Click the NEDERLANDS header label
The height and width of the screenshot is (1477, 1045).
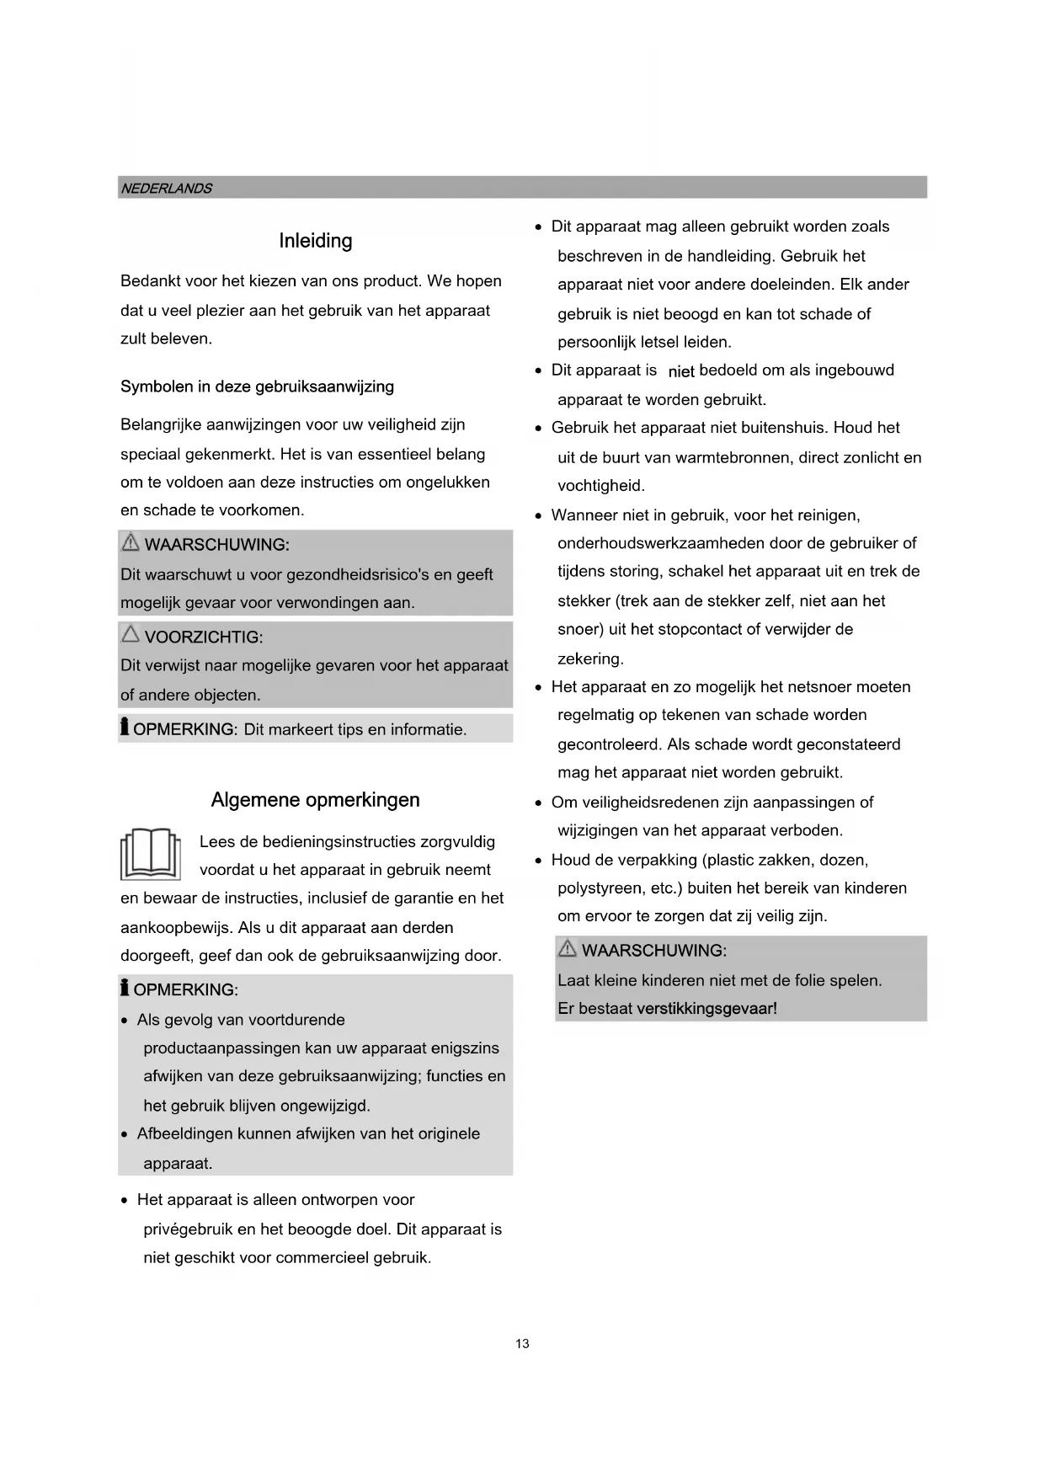(166, 189)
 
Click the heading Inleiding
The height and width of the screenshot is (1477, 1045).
(316, 241)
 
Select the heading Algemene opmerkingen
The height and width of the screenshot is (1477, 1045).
(315, 800)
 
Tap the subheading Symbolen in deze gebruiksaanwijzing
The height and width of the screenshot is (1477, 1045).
(257, 387)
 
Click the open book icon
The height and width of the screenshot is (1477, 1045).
(151, 854)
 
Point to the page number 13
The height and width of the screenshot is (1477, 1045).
(522, 1344)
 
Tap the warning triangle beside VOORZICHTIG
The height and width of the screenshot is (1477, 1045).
(131, 634)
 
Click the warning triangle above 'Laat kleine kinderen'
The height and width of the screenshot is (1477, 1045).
(568, 949)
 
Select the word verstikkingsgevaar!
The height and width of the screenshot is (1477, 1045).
(706, 1009)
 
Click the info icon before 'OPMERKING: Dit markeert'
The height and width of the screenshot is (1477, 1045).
(125, 727)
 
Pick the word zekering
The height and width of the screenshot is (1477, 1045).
(589, 659)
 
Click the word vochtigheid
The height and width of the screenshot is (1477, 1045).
(600, 486)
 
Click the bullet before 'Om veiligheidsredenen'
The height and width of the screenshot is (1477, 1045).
(539, 803)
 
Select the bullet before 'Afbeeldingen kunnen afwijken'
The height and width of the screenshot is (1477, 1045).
(125, 1134)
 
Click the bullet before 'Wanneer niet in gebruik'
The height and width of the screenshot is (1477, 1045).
(539, 516)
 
